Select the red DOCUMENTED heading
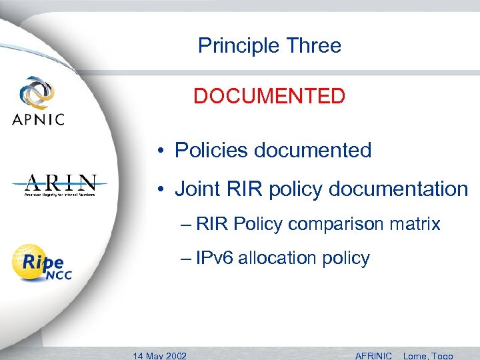click(269, 97)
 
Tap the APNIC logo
click(38, 102)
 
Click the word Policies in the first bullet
click(211, 151)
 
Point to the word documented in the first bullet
click(313, 151)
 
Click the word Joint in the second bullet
click(196, 189)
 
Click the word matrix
click(418, 224)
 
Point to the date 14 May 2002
click(159, 355)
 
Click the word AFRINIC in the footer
click(373, 355)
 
